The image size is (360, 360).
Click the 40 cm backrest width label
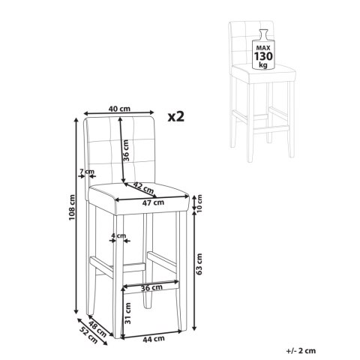point(119,109)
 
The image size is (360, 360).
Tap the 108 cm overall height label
point(72,207)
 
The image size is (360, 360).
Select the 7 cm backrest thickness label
point(87,172)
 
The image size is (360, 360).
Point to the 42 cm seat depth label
point(142,187)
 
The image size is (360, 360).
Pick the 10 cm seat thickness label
point(199,203)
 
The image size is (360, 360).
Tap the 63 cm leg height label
point(199,264)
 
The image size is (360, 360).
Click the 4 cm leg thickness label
point(118,235)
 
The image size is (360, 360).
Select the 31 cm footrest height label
point(127,313)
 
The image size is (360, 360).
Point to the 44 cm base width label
point(154,339)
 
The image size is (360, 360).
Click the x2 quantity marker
point(176,116)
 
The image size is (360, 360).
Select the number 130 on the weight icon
point(263,56)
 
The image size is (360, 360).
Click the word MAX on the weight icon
point(262,48)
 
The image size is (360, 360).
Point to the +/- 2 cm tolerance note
point(301,351)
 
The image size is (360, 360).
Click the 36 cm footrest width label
point(151,288)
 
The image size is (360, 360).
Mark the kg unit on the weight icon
point(263,65)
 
